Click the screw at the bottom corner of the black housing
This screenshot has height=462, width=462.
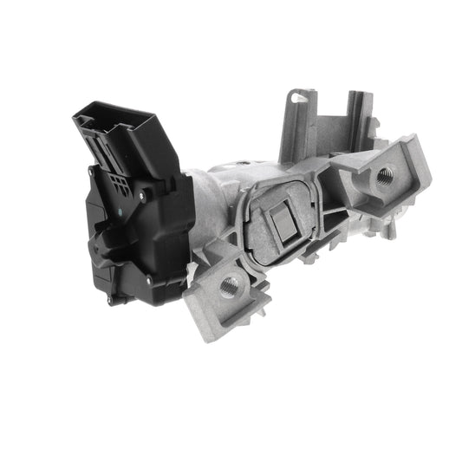pos(108,300)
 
